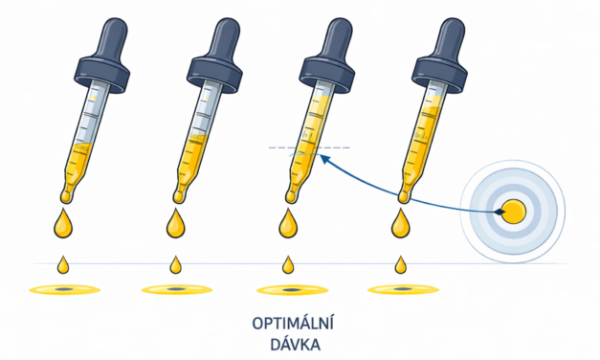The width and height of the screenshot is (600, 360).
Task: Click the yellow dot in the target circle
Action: pyautogui.click(x=514, y=212)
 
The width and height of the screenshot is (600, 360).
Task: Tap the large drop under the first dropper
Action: pyautogui.click(x=63, y=226)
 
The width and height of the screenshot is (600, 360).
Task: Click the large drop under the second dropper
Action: pyautogui.click(x=175, y=226)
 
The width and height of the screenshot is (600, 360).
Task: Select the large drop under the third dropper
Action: pyautogui.click(x=287, y=226)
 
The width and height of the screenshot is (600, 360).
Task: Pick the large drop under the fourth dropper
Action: pyautogui.click(x=399, y=226)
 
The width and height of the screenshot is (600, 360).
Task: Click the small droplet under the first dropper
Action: pyautogui.click(x=63, y=263)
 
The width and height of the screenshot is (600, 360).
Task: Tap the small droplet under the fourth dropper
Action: pyautogui.click(x=399, y=263)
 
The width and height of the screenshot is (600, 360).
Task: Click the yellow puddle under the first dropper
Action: pyautogui.click(x=63, y=288)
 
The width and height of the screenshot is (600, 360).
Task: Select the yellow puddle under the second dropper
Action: pyautogui.click(x=175, y=288)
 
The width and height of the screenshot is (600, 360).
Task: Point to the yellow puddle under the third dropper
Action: pyautogui.click(x=287, y=288)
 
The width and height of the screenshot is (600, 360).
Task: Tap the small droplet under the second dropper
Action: pyautogui.click(x=175, y=263)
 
